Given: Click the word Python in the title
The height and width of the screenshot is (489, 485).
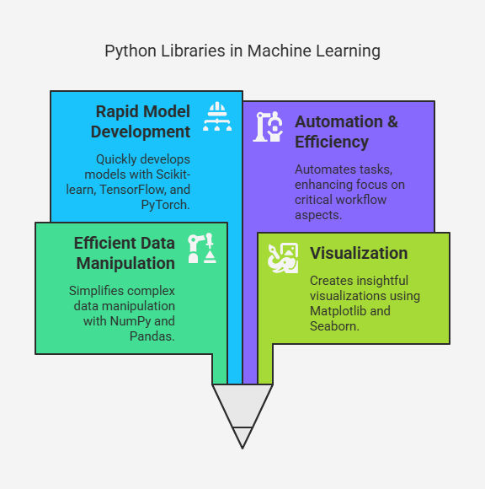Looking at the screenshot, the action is [x=131, y=51].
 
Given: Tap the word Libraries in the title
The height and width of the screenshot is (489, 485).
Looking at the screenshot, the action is [x=193, y=51].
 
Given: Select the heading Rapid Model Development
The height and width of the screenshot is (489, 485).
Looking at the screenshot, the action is [x=141, y=121].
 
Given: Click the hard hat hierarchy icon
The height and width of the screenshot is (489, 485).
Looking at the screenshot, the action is [x=217, y=116].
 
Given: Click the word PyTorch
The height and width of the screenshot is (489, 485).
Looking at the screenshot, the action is [x=165, y=205].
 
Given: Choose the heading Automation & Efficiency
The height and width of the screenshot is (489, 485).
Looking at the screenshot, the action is [x=346, y=132].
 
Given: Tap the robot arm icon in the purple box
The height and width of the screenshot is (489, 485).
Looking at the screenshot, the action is [x=268, y=126].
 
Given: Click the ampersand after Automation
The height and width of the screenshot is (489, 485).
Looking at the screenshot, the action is [x=392, y=121].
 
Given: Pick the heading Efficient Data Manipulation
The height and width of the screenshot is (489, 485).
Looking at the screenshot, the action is [x=125, y=253].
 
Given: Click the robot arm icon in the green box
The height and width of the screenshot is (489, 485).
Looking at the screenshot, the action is [x=202, y=248].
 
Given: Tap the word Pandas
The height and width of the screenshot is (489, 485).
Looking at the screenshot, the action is [x=152, y=336].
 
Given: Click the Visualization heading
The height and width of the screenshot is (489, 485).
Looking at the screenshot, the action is [x=359, y=253].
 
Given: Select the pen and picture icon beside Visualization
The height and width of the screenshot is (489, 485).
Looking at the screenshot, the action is [x=283, y=258].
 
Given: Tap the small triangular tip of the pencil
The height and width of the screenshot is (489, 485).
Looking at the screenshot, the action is [x=242, y=438].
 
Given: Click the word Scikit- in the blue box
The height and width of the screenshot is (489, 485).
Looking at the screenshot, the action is [x=173, y=175].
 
